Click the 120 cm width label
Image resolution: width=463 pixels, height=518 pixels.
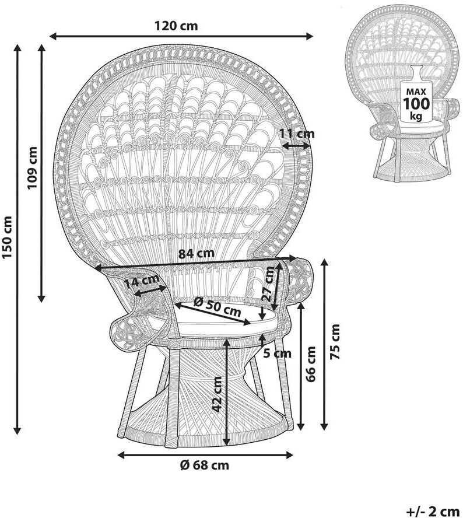(176, 26)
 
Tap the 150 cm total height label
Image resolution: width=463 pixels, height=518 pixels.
(7, 237)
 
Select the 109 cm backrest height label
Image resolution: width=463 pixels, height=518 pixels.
(33, 168)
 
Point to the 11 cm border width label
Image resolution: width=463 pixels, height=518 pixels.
(297, 134)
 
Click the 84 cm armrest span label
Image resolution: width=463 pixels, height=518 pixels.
(196, 254)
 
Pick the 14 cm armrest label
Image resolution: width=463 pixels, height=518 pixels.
(142, 282)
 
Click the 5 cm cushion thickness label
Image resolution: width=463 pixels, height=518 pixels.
(278, 353)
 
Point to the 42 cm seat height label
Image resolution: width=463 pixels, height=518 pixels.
(217, 394)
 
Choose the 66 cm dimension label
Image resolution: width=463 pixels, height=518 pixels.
(311, 364)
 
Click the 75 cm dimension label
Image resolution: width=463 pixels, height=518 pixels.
(335, 342)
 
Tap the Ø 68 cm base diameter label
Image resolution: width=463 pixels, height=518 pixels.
(205, 466)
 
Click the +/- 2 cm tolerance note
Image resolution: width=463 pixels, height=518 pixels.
(433, 512)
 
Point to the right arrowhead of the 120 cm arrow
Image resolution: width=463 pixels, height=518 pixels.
(310, 36)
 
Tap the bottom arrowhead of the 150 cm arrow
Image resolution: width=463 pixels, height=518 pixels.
(17, 430)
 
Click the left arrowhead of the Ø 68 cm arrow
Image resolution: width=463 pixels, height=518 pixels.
(121, 455)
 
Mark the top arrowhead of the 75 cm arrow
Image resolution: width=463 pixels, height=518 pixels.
(325, 263)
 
